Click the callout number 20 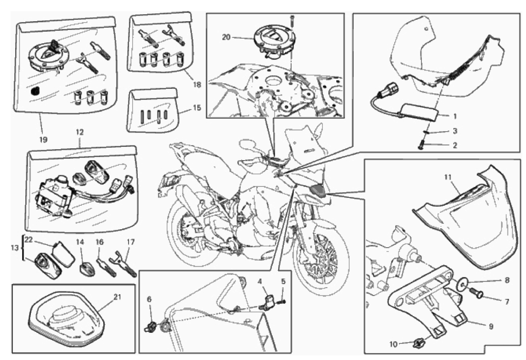(227, 37)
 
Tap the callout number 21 (117, 297)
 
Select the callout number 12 (80, 132)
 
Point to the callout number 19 (43, 139)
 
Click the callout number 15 (197, 108)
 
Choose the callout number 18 (197, 84)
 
